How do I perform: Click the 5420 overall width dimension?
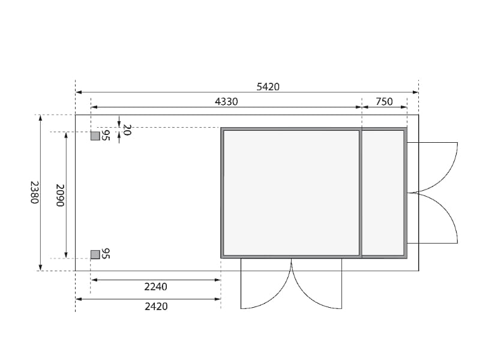(x=268, y=86)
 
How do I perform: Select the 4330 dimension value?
(x=226, y=102)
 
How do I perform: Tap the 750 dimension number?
(x=384, y=102)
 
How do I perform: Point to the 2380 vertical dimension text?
(x=34, y=192)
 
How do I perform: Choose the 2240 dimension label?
(x=156, y=287)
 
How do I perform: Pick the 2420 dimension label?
(x=156, y=306)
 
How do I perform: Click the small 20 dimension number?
(x=126, y=130)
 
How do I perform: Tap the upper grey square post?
(x=95, y=136)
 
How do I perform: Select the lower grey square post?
(x=95, y=254)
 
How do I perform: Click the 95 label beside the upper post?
(x=106, y=136)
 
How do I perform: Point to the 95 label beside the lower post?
(x=106, y=253)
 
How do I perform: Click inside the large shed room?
(x=291, y=193)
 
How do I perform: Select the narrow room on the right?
(x=383, y=193)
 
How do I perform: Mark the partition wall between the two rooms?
(x=361, y=193)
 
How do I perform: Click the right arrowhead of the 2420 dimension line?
(x=218, y=299)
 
